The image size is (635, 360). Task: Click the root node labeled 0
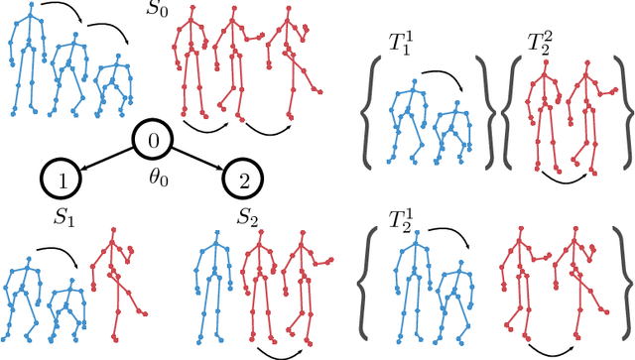click(x=153, y=141)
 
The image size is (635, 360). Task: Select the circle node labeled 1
click(x=62, y=179)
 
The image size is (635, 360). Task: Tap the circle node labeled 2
click(x=243, y=179)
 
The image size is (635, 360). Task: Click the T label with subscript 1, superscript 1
click(x=402, y=45)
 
